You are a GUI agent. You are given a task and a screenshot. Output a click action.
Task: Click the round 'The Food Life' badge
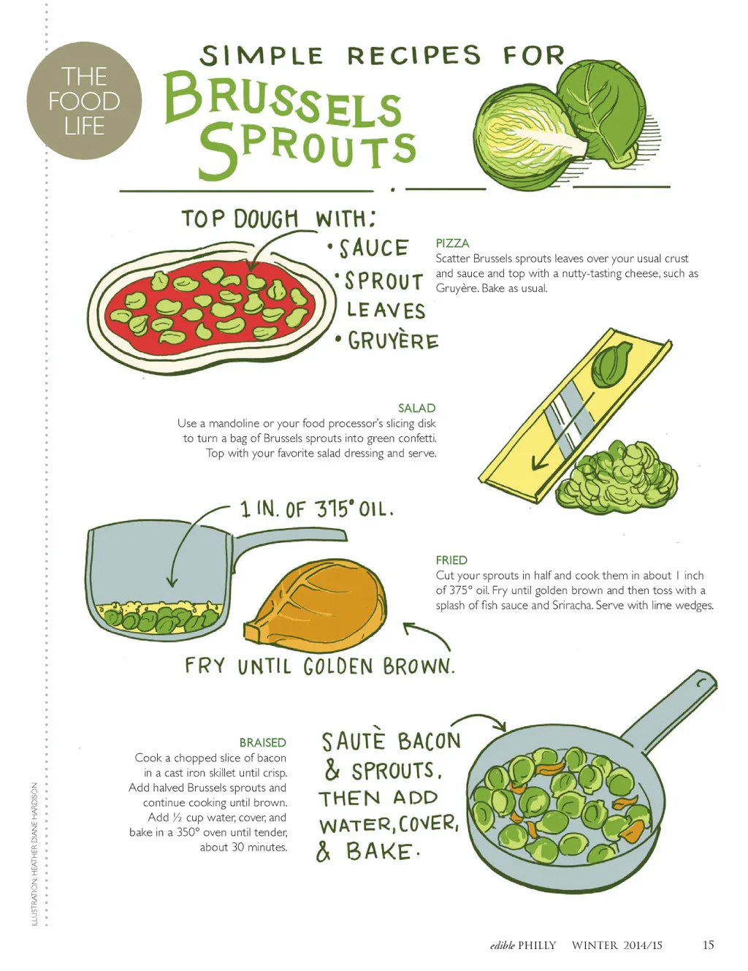pyautogui.click(x=84, y=101)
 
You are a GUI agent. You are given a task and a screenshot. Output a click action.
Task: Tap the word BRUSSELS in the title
pyautogui.click(x=283, y=101)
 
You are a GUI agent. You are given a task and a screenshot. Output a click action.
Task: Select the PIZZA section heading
pyautogui.click(x=452, y=243)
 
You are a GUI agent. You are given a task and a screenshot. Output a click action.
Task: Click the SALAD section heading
pyautogui.click(x=416, y=408)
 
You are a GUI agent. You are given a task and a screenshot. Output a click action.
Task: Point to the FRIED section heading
pyautogui.click(x=451, y=560)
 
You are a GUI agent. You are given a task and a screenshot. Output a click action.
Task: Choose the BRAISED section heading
pyautogui.click(x=262, y=742)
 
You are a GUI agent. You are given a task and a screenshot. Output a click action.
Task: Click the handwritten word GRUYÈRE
pyautogui.click(x=393, y=341)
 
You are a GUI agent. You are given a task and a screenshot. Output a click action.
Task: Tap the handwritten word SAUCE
pyautogui.click(x=374, y=248)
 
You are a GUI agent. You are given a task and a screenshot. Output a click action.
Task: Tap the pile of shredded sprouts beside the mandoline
pyautogui.click(x=617, y=476)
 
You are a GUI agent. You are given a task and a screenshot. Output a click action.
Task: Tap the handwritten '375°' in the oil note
pyautogui.click(x=335, y=509)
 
